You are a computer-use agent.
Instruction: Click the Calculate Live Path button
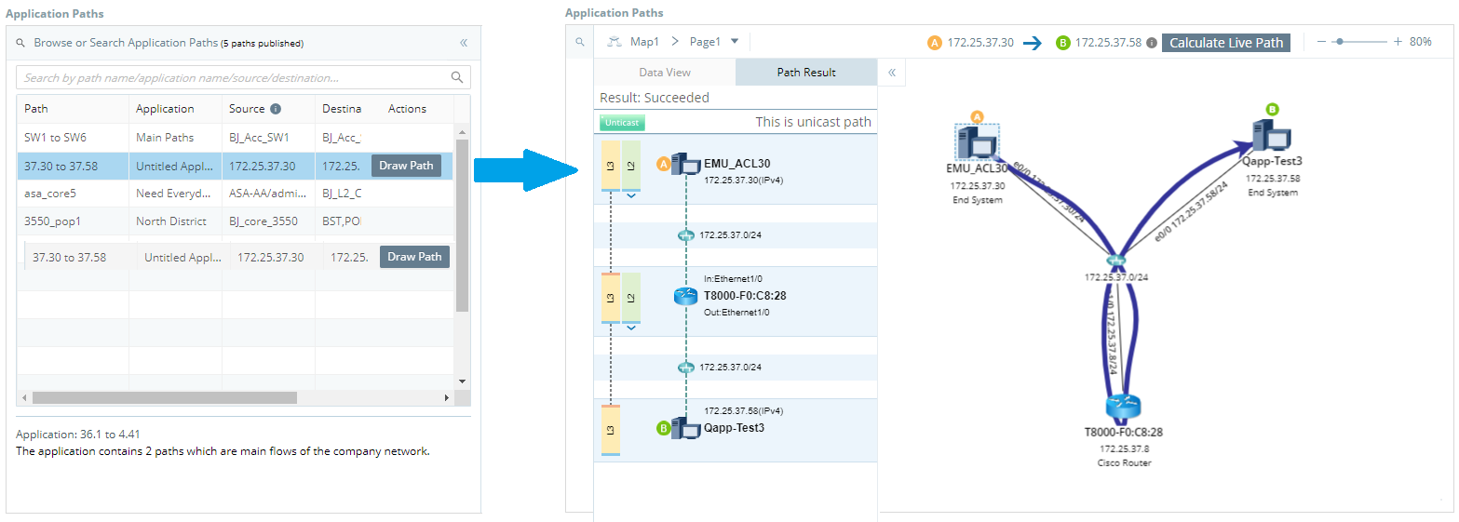click(1225, 43)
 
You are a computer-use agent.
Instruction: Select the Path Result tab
click(806, 73)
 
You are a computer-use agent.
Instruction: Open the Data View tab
click(665, 73)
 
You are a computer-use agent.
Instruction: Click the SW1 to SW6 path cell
click(56, 138)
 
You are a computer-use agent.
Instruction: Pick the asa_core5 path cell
click(50, 194)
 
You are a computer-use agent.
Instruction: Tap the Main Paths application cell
click(165, 138)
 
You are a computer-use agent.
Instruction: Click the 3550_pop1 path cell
click(53, 221)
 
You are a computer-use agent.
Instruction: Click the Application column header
click(165, 109)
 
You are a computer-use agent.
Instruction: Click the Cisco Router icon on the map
click(1123, 408)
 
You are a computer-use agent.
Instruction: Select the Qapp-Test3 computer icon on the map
click(1271, 137)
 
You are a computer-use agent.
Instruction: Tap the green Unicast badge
click(622, 123)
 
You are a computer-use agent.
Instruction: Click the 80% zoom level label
click(1421, 42)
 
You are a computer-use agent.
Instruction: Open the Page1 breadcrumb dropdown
click(735, 42)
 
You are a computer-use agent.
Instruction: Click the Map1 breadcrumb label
click(644, 42)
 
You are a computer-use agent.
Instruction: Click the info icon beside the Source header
click(276, 109)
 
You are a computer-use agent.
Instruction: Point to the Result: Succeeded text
click(654, 98)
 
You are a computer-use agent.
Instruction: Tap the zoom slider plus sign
click(1398, 42)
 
